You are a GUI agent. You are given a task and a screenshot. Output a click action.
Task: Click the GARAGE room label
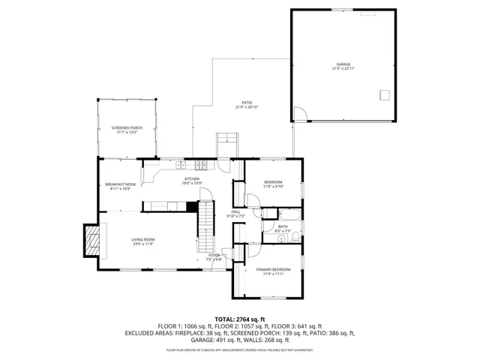[x=343, y=64]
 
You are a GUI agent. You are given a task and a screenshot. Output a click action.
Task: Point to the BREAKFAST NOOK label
[x=120, y=184]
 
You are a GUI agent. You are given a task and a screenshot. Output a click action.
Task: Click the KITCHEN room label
[x=192, y=178]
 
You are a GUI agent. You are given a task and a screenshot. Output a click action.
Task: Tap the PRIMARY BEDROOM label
[x=273, y=269]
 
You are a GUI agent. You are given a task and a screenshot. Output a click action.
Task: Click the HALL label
[x=235, y=212]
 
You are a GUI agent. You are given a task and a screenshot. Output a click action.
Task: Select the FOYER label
[x=214, y=256]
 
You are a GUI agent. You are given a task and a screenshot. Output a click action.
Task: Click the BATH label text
[x=283, y=226]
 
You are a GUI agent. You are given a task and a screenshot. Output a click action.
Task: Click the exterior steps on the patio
[x=227, y=143]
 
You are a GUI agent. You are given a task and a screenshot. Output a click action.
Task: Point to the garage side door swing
[x=299, y=114]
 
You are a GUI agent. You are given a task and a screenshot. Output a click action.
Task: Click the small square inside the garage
[x=385, y=94]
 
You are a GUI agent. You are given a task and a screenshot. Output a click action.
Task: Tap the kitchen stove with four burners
[x=201, y=165]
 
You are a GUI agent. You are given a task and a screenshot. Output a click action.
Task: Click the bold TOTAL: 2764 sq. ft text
[x=239, y=319]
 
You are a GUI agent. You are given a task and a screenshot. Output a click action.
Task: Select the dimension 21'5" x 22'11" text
[x=343, y=69]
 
